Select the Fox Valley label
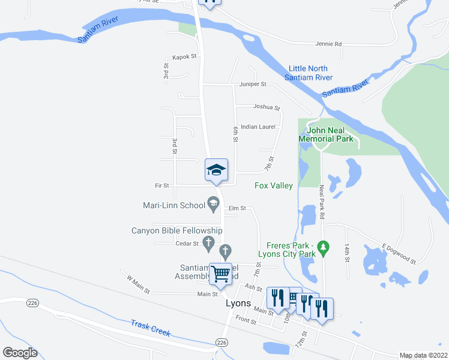pyautogui.click(x=273, y=186)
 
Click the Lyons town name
pyautogui.click(x=238, y=303)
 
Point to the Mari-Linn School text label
pyautogui.click(x=174, y=205)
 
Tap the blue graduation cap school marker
pyautogui.click(x=216, y=170)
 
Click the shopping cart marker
pyautogui.click(x=221, y=274)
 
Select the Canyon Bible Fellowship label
pyautogui.click(x=177, y=230)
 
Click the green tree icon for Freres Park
pyautogui.click(x=324, y=247)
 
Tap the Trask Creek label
pyautogui.click(x=151, y=328)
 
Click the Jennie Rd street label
pyautogui.click(x=328, y=44)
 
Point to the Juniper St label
pyautogui.click(x=253, y=85)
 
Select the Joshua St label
pyautogui.click(x=267, y=107)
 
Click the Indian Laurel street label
pyautogui.click(x=258, y=127)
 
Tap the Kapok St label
pyautogui.click(x=184, y=57)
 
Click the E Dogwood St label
pyautogui.click(x=399, y=253)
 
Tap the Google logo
pyautogui.click(x=20, y=353)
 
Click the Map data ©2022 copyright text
pyautogui.click(x=423, y=355)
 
